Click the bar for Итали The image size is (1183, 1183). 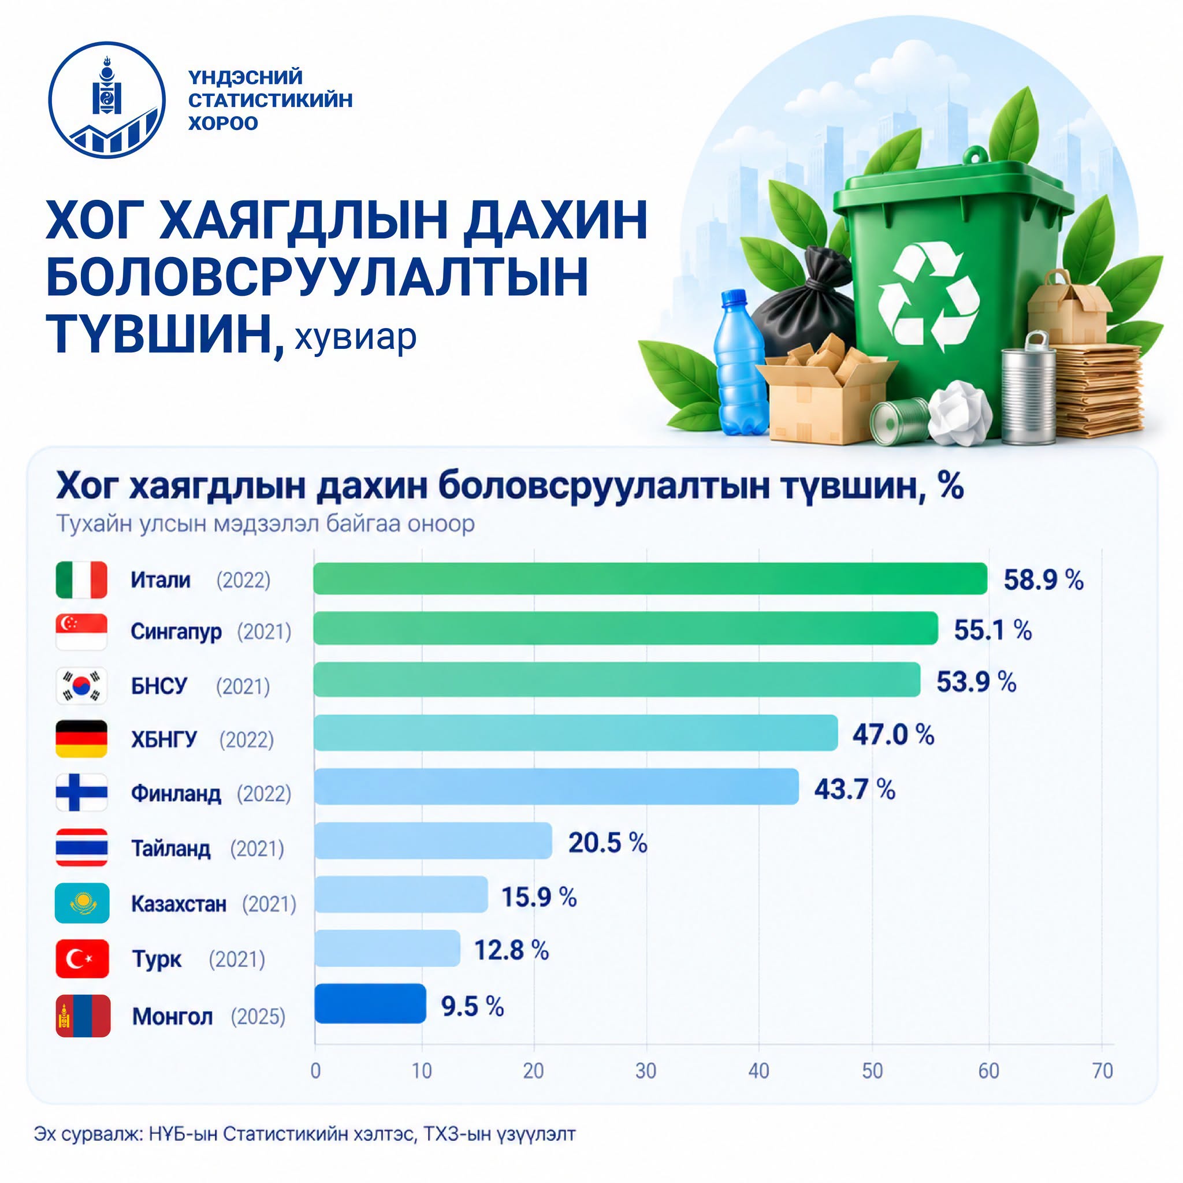(650, 579)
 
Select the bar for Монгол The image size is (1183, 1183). (370, 1003)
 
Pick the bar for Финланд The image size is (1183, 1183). (557, 786)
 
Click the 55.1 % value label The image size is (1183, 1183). (992, 630)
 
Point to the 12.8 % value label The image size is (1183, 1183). (511, 950)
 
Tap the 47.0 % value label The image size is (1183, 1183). (893, 734)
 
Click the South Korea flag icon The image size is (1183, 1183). (81, 686)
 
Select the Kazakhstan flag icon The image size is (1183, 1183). (82, 903)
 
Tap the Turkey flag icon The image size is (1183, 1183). (82, 958)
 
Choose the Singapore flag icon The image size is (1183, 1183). (81, 631)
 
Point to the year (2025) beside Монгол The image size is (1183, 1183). (258, 1017)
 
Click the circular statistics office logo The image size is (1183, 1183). (107, 101)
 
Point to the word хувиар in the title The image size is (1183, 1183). (356, 337)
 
